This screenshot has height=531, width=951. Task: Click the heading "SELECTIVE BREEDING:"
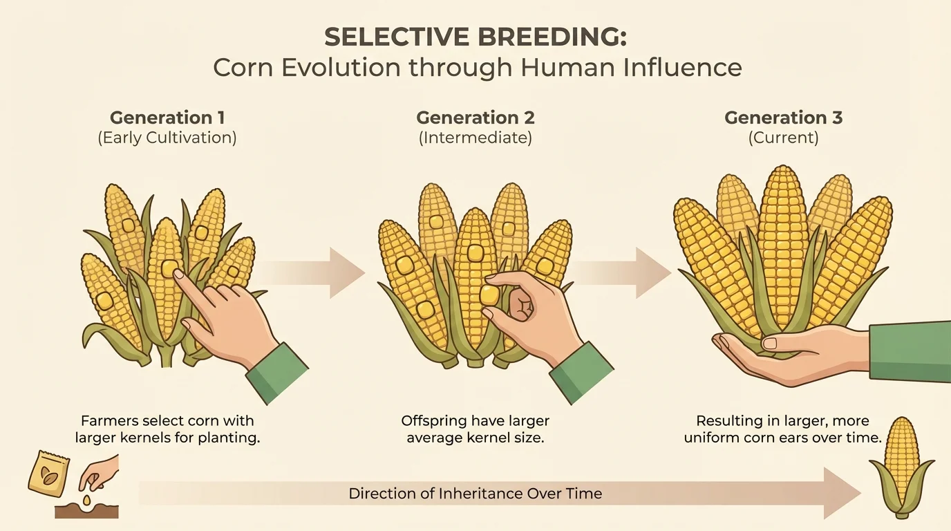(x=475, y=37)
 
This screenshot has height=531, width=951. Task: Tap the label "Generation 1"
(x=167, y=118)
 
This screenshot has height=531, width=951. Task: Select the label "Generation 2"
(x=475, y=118)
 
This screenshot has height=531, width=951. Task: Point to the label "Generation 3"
(x=783, y=118)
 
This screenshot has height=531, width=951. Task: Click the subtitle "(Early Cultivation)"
(x=167, y=138)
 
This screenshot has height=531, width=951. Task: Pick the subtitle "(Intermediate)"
(x=475, y=138)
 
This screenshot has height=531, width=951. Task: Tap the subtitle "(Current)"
(x=783, y=138)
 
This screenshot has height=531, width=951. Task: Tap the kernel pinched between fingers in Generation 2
(x=490, y=295)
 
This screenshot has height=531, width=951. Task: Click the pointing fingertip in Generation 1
(x=179, y=274)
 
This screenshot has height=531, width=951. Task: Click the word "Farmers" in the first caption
(x=111, y=420)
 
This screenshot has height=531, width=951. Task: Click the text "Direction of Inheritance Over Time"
(x=475, y=494)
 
